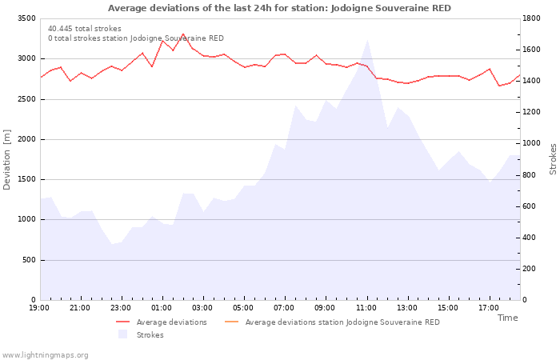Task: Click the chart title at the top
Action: pyautogui.click(x=279, y=8)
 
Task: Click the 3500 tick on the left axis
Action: pyautogui.click(x=25, y=18)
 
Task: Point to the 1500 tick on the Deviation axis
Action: pyautogui.click(x=25, y=179)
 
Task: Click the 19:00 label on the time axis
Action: pyautogui.click(x=39, y=308)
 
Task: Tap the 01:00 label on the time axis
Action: pyautogui.click(x=162, y=308)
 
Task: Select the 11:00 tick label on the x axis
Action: pyautogui.click(x=366, y=308)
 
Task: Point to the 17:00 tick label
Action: pyautogui.click(x=489, y=308)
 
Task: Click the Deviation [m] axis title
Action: pyautogui.click(x=7, y=159)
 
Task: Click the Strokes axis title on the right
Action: pyautogui.click(x=553, y=159)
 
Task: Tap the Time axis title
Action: pyautogui.click(x=507, y=318)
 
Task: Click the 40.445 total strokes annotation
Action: pyautogui.click(x=85, y=29)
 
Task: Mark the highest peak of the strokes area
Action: pyautogui.click(x=367, y=41)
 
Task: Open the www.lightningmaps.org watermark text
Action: pyautogui.click(x=46, y=354)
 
